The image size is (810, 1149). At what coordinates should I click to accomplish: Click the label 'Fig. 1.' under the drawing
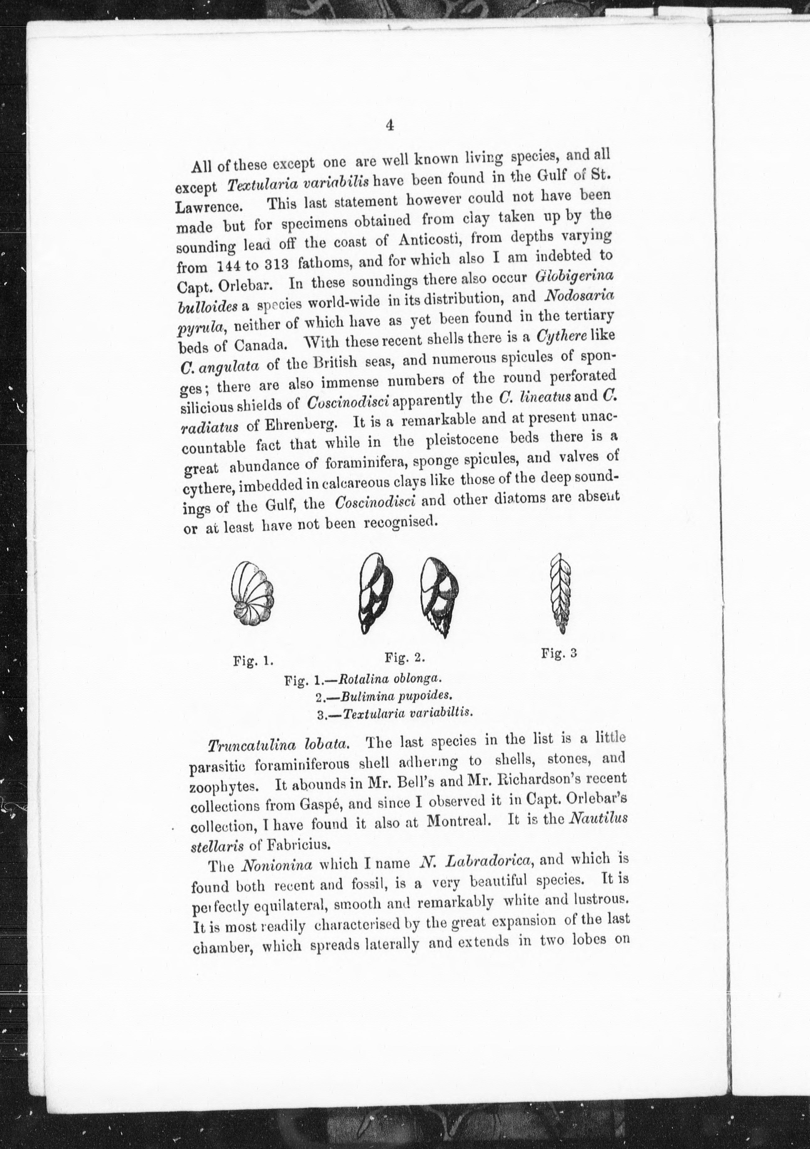click(253, 661)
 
